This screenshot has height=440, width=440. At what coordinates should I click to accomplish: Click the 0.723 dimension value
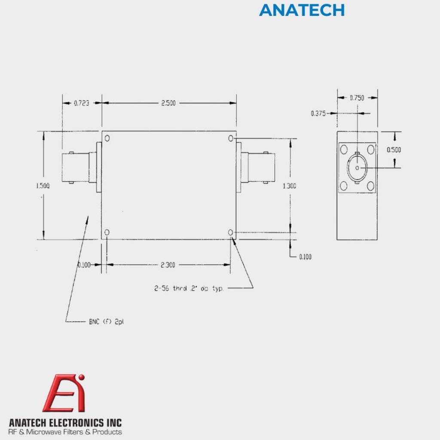(82, 103)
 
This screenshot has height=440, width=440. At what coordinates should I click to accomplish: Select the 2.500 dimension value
(168, 103)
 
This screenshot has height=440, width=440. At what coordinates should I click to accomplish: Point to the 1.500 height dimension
(43, 186)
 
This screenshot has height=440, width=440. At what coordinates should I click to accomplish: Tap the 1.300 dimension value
(290, 186)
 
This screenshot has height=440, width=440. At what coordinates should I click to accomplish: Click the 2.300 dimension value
(168, 265)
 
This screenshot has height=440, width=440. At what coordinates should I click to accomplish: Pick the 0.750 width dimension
(357, 98)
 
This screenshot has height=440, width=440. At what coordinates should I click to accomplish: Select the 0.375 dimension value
(318, 113)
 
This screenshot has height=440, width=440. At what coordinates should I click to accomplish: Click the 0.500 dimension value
(394, 150)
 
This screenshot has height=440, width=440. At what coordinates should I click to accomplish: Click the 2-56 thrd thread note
(189, 288)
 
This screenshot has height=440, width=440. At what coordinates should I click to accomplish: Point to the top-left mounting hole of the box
(107, 138)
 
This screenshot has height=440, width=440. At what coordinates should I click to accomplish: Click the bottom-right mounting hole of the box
(231, 232)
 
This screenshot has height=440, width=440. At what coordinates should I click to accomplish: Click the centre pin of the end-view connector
(357, 167)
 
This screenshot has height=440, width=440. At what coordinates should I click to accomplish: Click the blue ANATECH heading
(302, 10)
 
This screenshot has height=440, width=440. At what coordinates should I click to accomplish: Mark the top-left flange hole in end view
(344, 150)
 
